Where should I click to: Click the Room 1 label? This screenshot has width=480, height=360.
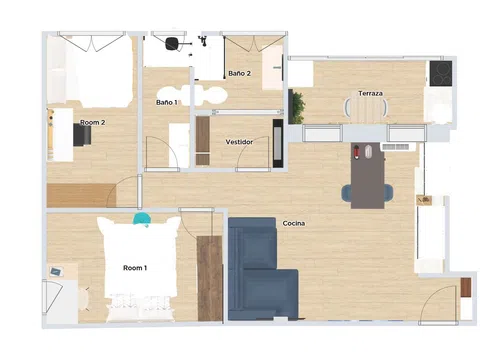[135, 268]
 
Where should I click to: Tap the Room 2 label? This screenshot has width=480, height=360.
[92, 122]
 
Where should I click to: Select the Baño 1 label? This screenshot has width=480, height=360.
[167, 102]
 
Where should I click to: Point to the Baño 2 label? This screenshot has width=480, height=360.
[239, 73]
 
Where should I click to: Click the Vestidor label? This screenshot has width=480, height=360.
[239, 142]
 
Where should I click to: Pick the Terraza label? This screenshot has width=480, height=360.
[370, 93]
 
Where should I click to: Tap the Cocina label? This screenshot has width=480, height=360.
[294, 223]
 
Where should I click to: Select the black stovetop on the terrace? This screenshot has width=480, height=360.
[441, 73]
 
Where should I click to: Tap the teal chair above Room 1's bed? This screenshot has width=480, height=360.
[142, 219]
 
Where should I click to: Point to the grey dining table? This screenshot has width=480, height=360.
[368, 176]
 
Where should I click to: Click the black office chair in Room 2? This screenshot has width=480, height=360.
[82, 136]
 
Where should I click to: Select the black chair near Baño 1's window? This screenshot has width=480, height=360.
[172, 44]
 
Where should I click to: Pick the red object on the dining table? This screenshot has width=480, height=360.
[357, 152]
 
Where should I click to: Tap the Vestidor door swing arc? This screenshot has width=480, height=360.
[248, 147]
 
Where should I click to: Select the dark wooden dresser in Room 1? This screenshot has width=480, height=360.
[210, 278]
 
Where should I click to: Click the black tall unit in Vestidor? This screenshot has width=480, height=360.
[278, 143]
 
